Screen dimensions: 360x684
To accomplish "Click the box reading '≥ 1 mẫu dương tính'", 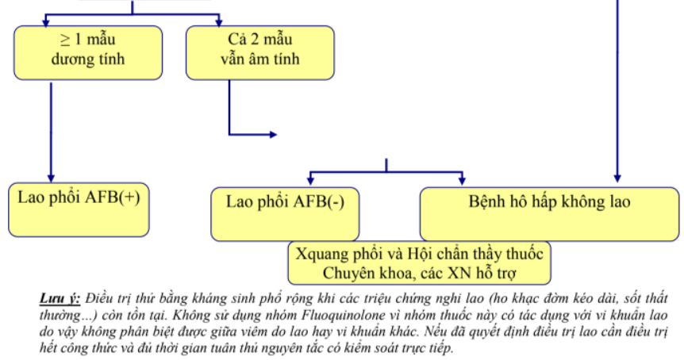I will [88, 52].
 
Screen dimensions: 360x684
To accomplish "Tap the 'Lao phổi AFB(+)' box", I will [79, 209].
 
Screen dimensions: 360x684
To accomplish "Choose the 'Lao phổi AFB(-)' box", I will [285, 213].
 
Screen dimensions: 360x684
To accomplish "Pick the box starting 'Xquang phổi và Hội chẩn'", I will [419, 263].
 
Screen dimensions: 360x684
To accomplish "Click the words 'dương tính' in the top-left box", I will [88, 59].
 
